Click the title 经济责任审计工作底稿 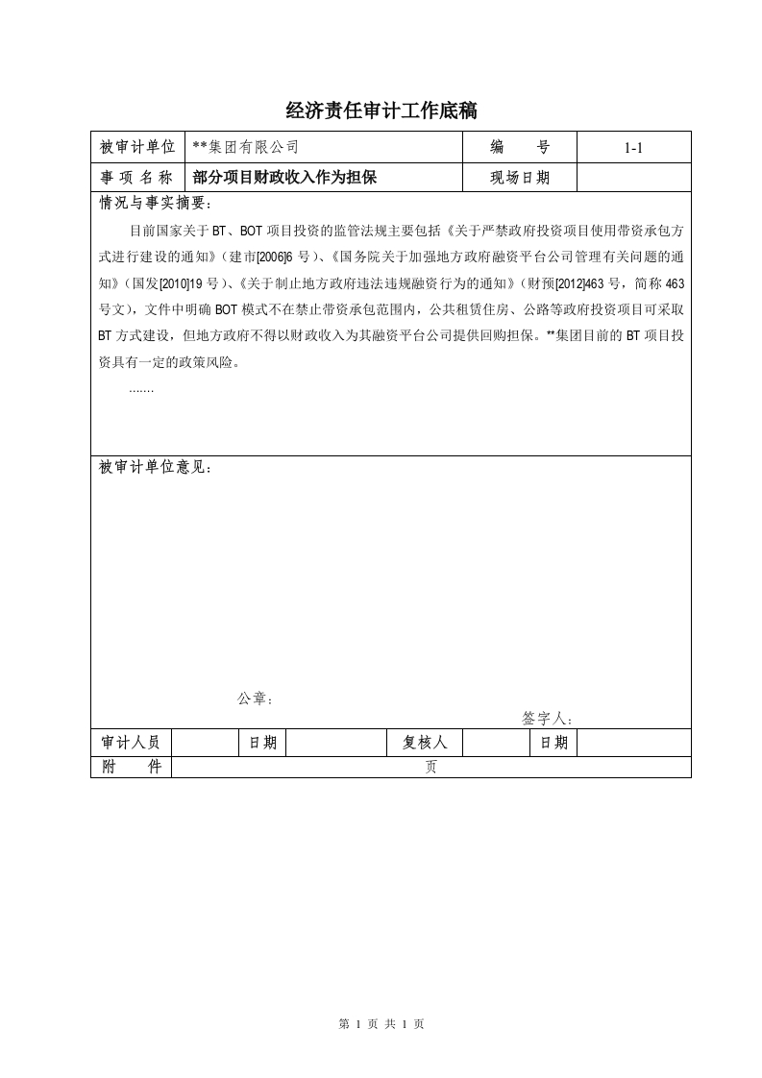pos(381,111)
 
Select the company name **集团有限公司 pos(246,147)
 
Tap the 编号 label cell pos(519,147)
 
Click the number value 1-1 pos(632,148)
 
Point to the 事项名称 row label pos(136,177)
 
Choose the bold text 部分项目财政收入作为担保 pos(284,177)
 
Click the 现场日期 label pos(519,177)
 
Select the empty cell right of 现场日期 pos(632,177)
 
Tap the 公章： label pos(256,698)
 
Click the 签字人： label pos(548,718)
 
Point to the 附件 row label pos(131,767)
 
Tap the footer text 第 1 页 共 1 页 pos(381,1024)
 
